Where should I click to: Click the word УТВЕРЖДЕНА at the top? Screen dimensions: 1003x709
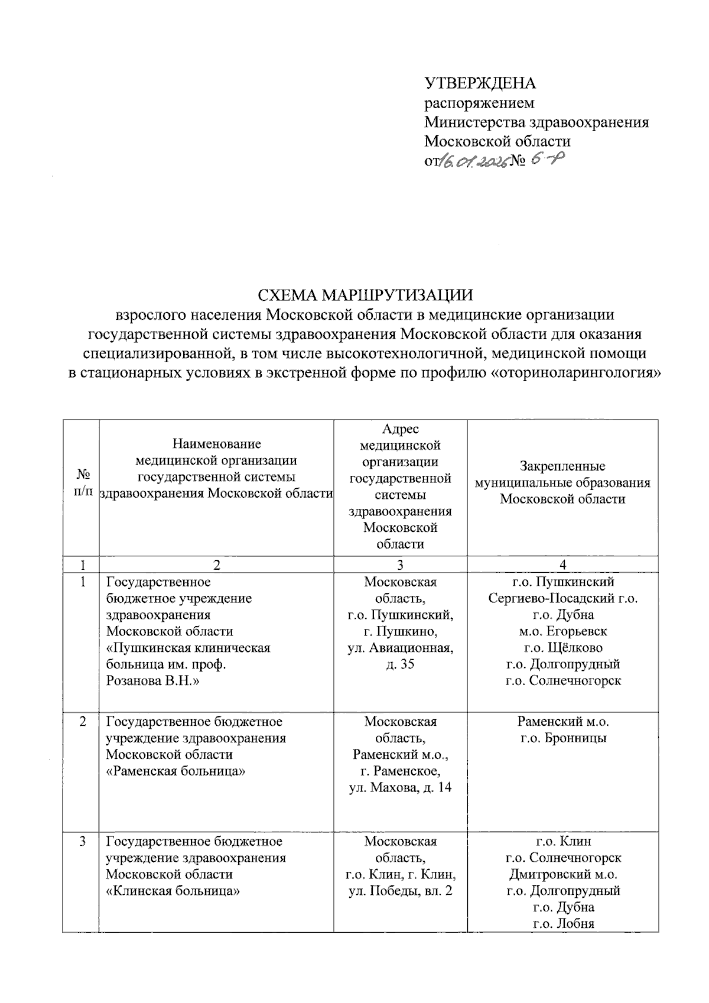(x=480, y=83)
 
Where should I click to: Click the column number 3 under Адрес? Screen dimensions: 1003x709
(x=400, y=565)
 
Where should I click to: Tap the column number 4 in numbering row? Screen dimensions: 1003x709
(x=562, y=565)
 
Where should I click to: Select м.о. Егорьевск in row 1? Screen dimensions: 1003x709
(x=562, y=631)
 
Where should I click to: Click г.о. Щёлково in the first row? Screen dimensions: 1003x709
(x=562, y=648)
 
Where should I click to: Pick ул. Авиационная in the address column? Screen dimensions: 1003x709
(x=400, y=648)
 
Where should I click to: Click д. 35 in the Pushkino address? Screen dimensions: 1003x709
(x=400, y=664)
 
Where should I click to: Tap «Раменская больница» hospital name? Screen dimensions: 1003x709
(x=175, y=771)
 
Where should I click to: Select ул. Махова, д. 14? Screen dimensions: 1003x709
(x=400, y=788)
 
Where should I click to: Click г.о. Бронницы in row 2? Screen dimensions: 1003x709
(x=562, y=738)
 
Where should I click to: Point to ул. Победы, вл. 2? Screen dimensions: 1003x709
(x=400, y=891)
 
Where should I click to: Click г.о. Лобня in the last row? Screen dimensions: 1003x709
(x=562, y=924)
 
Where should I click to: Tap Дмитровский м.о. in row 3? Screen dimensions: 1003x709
(x=562, y=874)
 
